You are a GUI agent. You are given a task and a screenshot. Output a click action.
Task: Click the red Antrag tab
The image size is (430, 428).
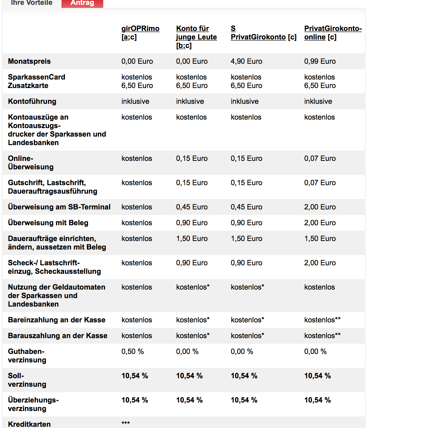click(82, 3)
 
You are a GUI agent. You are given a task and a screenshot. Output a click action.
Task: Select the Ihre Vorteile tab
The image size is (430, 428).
click(32, 3)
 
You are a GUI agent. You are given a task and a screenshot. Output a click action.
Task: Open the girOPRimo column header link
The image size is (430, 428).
click(140, 29)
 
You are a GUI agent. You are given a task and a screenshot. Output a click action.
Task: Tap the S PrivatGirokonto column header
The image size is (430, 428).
click(258, 37)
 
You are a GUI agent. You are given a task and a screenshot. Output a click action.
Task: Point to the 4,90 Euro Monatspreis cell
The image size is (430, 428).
click(246, 61)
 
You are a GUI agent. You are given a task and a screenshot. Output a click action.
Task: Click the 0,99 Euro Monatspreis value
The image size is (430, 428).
click(320, 61)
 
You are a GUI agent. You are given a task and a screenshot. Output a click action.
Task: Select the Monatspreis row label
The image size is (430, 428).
click(29, 61)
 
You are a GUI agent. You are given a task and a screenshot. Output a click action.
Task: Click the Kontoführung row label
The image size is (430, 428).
click(32, 101)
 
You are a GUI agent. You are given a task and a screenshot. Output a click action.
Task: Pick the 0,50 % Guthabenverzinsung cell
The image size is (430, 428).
click(132, 352)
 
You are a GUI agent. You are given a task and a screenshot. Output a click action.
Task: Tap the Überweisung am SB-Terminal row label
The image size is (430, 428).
click(59, 207)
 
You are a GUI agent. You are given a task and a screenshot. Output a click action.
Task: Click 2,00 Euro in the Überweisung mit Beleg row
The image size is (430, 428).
click(320, 223)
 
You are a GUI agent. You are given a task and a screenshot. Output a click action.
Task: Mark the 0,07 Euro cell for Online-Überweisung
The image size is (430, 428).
click(320, 158)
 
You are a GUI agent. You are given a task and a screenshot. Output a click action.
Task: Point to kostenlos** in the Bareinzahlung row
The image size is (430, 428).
click(322, 320)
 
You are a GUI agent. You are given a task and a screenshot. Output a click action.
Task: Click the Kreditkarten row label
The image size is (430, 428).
click(29, 424)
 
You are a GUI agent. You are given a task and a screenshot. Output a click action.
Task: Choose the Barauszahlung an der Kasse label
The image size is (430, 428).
click(58, 336)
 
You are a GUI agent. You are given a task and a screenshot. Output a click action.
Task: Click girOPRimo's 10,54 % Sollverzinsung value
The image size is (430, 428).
click(135, 376)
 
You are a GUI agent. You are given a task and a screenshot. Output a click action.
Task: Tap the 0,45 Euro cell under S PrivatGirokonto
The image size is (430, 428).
click(246, 207)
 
